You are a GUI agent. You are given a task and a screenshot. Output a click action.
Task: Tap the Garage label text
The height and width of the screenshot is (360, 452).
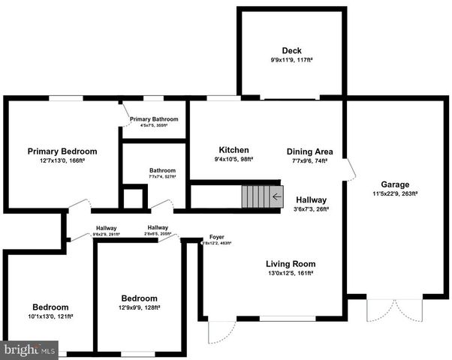[x=394, y=184]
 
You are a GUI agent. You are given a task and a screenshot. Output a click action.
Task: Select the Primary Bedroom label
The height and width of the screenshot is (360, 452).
[x=62, y=151]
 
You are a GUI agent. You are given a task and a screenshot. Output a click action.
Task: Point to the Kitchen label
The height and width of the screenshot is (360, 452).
[x=234, y=150]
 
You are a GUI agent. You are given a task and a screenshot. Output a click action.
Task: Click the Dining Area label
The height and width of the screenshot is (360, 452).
[x=309, y=151]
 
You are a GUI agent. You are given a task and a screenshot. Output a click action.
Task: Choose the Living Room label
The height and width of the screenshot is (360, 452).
[x=291, y=264]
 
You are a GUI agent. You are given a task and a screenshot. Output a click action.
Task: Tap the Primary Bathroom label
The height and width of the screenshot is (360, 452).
[x=154, y=119]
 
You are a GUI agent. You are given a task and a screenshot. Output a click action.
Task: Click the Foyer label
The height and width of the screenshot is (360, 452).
[x=217, y=237]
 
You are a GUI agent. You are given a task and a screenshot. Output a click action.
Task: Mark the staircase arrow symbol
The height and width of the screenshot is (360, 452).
[x=277, y=197]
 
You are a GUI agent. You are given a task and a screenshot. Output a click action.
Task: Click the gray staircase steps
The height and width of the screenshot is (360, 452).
[x=255, y=197]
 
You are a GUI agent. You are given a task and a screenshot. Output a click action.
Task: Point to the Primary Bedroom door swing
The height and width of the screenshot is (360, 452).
[x=79, y=205]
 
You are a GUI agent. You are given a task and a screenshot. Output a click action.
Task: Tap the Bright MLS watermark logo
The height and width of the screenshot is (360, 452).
[x=29, y=349]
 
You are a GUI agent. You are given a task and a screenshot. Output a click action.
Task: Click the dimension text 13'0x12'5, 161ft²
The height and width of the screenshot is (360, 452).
[x=290, y=274]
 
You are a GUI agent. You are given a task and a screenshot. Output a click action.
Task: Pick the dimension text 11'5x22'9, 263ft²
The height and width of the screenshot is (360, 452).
[x=394, y=193]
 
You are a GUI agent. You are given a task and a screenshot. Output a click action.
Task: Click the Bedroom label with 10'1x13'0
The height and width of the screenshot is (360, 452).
[x=50, y=307]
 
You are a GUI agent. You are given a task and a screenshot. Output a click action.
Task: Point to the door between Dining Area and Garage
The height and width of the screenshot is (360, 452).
[x=348, y=169]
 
